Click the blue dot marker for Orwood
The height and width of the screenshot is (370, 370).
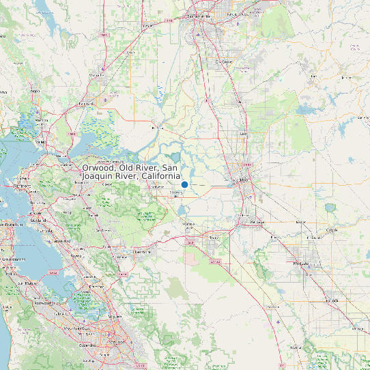coord(184,184)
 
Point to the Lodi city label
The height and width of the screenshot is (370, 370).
coord(243,134)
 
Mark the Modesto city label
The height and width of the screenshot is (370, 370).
coord(301,263)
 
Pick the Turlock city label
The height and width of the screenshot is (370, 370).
coord(333,300)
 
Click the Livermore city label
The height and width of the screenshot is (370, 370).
coord(142,251)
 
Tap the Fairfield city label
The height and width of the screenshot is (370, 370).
coord(87,104)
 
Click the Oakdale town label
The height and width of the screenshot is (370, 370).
coord(332,231)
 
